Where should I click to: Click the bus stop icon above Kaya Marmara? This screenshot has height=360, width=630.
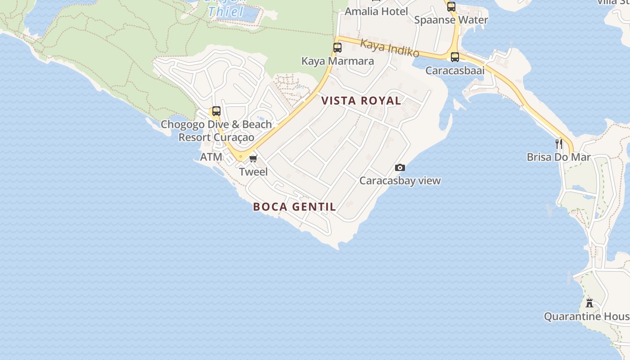point(337,47)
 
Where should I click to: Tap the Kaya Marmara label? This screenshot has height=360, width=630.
point(337,61)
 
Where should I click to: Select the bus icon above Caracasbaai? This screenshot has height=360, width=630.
point(455,57)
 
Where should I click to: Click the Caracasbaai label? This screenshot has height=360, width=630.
point(455,71)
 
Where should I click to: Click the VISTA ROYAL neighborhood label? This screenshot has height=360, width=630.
point(361,101)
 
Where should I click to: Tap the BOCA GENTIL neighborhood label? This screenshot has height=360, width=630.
point(294,207)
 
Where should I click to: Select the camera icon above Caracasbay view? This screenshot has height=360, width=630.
point(400,168)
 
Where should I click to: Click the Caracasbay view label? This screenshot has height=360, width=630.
point(400,181)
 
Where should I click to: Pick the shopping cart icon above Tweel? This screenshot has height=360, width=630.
point(253,158)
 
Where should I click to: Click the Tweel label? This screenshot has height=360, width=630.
point(253,172)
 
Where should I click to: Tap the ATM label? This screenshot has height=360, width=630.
point(211,157)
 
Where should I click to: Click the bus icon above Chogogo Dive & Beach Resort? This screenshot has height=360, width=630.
point(216,111)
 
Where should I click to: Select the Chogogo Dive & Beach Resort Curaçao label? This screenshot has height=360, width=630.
point(216,130)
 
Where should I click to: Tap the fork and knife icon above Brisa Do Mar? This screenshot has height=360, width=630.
point(558,144)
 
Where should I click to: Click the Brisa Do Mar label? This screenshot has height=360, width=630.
point(558,157)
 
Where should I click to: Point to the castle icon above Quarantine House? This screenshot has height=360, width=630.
point(589,303)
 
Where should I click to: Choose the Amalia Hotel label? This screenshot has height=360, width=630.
point(376,11)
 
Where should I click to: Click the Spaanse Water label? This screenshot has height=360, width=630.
point(451,20)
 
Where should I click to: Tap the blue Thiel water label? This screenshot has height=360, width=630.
point(226,12)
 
